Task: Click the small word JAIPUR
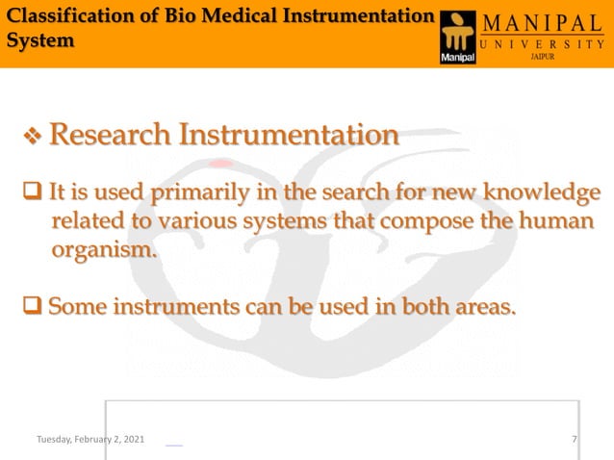point(543,58)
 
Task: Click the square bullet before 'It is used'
point(32,192)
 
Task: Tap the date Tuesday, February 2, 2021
point(90,439)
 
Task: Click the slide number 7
point(574,439)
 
